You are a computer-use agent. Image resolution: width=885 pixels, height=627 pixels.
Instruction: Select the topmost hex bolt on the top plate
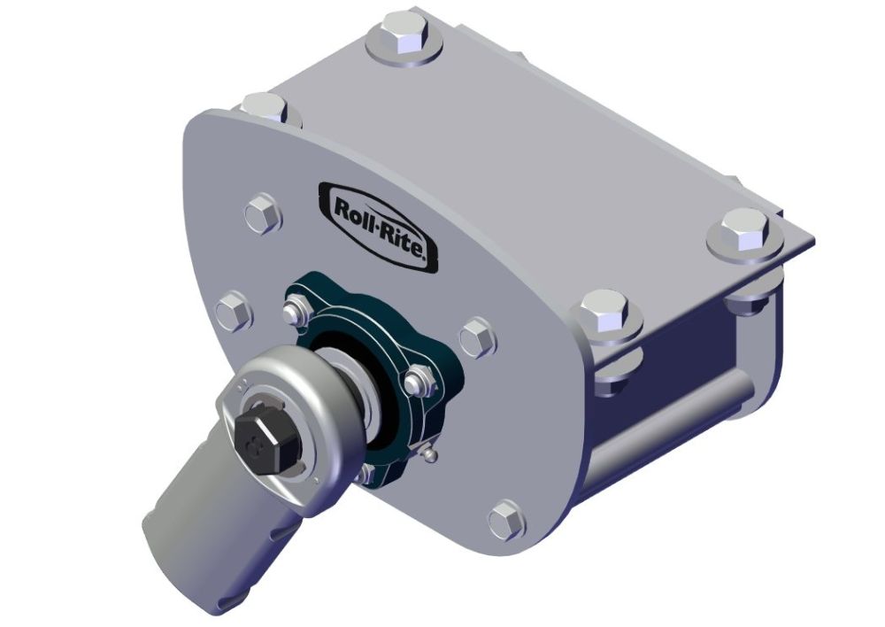tap(404, 37)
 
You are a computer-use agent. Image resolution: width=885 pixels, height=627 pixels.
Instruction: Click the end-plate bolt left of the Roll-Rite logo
tap(262, 213)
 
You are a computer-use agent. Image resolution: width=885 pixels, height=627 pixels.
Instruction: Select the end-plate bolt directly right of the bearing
tap(477, 338)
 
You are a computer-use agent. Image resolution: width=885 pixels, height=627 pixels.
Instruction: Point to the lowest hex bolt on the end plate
tap(506, 520)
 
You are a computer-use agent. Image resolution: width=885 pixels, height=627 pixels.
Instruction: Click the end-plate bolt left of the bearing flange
tap(233, 311)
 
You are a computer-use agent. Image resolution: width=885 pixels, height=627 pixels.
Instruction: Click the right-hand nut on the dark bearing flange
tap(419, 383)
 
